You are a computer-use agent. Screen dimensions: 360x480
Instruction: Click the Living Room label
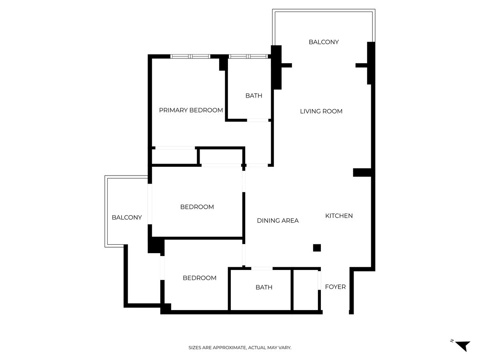(x=321, y=111)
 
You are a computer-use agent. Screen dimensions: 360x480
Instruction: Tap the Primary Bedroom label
(x=191, y=110)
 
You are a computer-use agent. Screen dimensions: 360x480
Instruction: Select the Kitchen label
(x=339, y=216)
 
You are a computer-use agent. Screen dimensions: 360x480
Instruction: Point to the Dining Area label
(x=278, y=221)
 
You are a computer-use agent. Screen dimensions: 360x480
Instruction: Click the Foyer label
(x=335, y=287)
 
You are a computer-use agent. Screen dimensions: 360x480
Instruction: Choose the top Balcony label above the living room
(x=324, y=42)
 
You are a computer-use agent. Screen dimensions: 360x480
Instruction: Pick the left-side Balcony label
(x=126, y=218)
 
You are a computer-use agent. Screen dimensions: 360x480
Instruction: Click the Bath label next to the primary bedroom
(x=254, y=96)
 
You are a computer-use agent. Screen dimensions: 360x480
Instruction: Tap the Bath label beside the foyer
(x=264, y=287)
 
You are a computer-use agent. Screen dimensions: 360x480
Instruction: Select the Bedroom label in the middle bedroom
(x=197, y=207)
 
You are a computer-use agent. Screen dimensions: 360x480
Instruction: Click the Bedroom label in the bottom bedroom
(x=199, y=278)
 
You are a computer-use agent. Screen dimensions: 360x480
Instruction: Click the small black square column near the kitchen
(x=317, y=248)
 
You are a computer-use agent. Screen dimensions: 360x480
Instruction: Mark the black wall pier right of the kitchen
(x=362, y=172)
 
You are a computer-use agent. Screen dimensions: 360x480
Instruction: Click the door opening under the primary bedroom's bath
(x=257, y=120)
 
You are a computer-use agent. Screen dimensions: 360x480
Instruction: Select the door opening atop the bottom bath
(x=262, y=268)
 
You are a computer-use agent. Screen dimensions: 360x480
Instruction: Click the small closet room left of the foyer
(x=306, y=289)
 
